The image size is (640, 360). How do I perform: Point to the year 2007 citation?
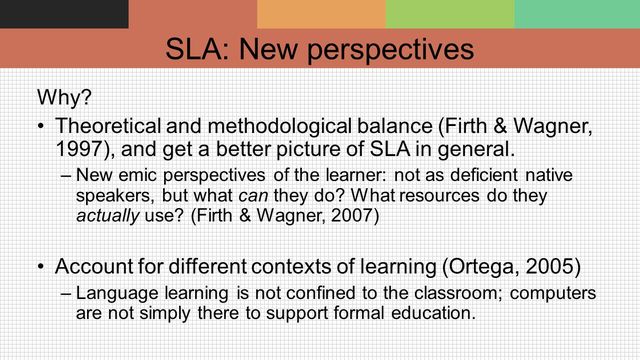(346, 215)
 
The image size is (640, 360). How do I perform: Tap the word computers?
(555, 293)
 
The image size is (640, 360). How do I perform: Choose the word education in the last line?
(424, 312)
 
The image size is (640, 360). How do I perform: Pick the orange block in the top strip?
(321, 14)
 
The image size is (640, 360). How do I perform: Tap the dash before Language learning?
(66, 293)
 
